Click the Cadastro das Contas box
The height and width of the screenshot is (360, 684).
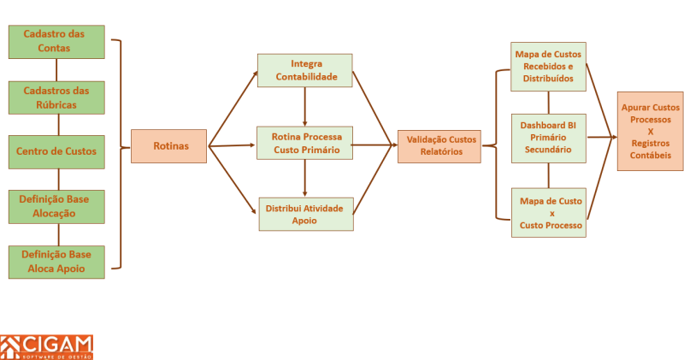tap(56, 41)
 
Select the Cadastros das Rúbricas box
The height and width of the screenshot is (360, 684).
tap(56, 97)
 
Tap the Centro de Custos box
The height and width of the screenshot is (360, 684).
tap(56, 151)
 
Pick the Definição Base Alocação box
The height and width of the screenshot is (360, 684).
tap(56, 206)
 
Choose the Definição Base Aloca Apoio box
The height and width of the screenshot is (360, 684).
tap(56, 262)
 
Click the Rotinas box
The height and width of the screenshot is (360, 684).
tap(169, 146)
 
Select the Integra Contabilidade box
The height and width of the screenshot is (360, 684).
tap(305, 70)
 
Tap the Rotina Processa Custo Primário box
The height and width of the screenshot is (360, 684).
tap(305, 143)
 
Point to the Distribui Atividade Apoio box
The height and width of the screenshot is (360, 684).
tap(305, 214)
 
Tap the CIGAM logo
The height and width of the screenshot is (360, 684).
tap(47, 346)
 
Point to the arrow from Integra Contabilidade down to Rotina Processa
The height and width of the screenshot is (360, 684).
tap(305, 107)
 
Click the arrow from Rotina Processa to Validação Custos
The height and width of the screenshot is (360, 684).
tap(374, 145)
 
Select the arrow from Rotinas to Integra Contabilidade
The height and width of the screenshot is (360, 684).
tap(233, 109)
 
